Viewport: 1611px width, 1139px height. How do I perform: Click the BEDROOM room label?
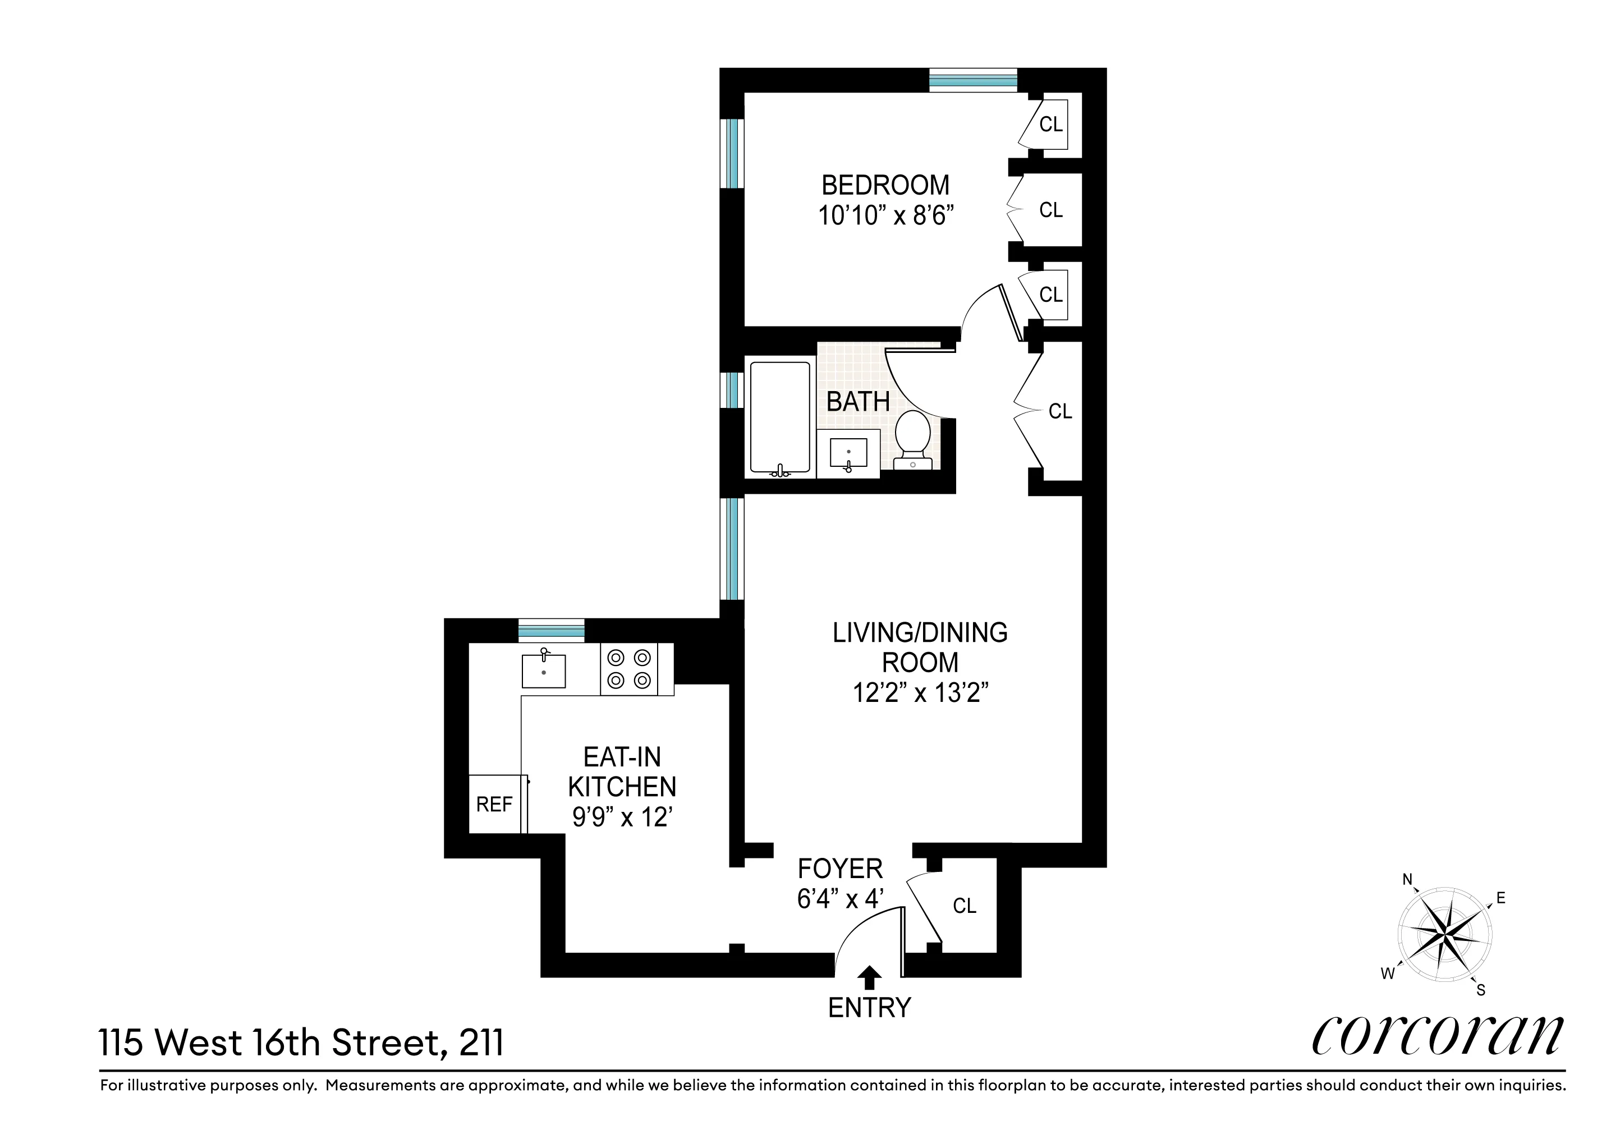885,185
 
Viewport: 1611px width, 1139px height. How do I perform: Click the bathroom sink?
848,453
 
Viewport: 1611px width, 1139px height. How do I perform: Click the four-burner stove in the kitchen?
628,669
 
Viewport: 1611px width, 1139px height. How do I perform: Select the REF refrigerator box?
495,804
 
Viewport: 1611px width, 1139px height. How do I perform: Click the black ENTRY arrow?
870,977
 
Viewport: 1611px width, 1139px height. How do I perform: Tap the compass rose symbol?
1445,935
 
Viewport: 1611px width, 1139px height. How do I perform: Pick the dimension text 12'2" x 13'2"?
920,693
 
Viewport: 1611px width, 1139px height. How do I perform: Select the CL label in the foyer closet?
964,906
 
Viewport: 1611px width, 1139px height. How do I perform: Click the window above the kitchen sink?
552,631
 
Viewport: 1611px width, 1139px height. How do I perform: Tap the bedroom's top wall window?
973,81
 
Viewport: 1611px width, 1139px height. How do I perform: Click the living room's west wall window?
732,549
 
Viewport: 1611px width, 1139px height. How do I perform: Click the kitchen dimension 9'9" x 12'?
622,817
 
